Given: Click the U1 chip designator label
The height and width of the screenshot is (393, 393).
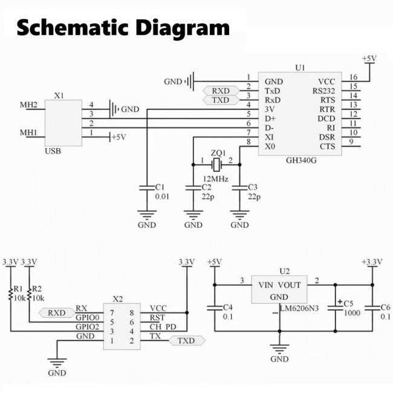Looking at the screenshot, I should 300,68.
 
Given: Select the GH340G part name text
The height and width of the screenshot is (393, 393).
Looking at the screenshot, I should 302,162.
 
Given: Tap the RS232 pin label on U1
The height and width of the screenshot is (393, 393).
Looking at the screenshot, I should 323,91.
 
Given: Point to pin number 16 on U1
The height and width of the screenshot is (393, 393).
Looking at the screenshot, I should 353,77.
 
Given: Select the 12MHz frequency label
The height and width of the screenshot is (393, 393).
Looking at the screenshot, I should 215,178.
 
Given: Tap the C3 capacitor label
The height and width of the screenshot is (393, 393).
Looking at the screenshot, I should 253,187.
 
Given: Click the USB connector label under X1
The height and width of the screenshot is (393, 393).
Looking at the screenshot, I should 53,151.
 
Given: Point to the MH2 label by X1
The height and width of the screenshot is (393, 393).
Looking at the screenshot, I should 28,105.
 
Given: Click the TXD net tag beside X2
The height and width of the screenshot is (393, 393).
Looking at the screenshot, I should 187,341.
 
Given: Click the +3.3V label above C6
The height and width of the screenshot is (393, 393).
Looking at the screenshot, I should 372,261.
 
